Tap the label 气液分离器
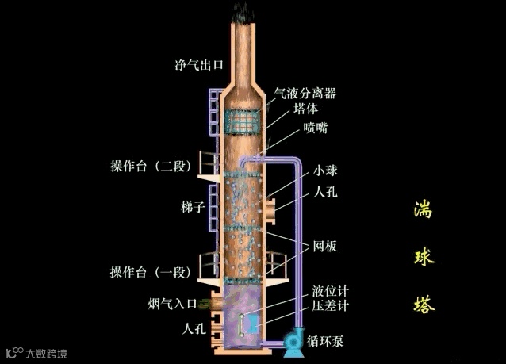305,93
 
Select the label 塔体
305,109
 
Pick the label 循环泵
324,341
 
